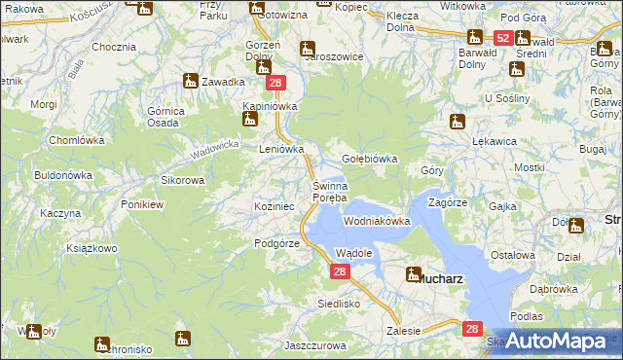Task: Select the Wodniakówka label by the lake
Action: tap(377, 221)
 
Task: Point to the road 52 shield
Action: tap(502, 38)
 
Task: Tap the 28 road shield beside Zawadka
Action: tap(275, 84)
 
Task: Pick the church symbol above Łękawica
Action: tap(458, 122)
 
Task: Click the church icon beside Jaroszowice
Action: tap(307, 48)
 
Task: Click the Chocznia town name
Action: tap(113, 47)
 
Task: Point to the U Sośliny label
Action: tap(506, 99)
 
